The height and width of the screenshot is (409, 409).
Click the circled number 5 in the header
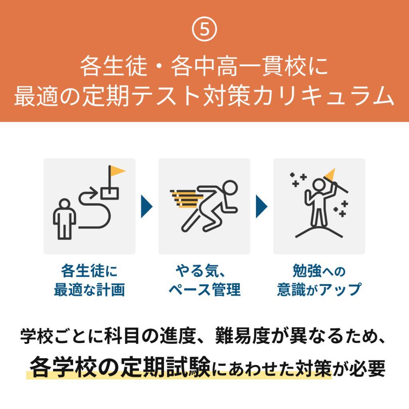click(204, 29)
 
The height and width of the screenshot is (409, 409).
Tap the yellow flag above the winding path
click(117, 171)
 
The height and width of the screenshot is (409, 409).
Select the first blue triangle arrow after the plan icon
click(147, 206)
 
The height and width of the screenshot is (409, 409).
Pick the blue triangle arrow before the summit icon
click(262, 206)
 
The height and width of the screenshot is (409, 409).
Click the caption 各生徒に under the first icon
click(89, 271)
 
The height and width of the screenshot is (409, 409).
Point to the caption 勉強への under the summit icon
click(319, 271)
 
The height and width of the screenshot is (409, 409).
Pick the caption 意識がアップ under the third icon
click(319, 290)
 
